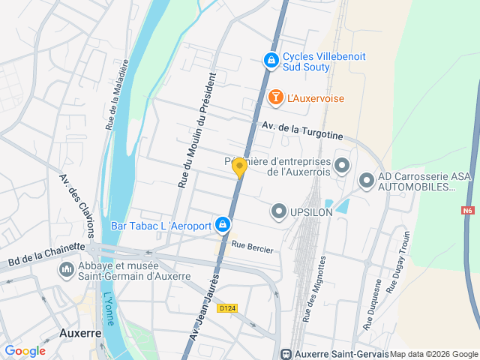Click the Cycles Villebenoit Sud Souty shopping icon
point(270,58)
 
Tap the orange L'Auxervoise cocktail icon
point(275,97)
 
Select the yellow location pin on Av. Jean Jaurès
point(239,168)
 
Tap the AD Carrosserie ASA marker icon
point(367,181)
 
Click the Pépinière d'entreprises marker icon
point(342,165)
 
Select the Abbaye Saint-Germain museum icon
point(66,268)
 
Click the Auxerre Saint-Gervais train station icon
point(285,354)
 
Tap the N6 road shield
point(469,211)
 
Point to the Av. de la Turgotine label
point(302,131)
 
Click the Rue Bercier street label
point(253,246)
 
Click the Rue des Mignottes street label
point(314,288)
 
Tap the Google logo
point(25,351)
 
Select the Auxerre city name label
point(80,332)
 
